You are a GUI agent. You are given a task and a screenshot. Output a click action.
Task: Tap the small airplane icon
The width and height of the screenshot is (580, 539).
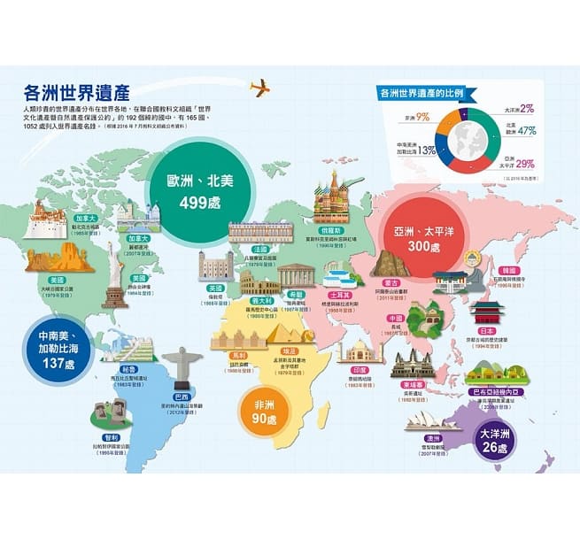(260, 87)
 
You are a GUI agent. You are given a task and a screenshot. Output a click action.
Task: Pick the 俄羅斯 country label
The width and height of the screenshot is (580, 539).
(333, 227)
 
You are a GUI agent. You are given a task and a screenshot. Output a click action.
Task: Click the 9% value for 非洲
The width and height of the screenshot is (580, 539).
(422, 117)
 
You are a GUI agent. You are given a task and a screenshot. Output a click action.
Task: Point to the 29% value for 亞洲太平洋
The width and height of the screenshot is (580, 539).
(525, 164)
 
